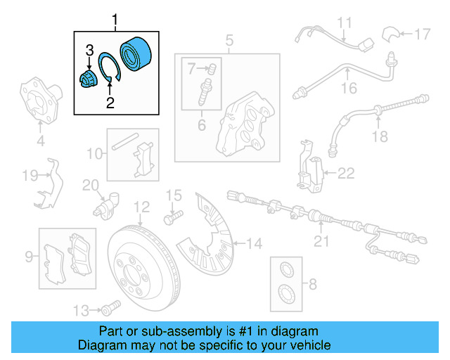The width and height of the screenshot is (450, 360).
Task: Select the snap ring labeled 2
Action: coord(110,68)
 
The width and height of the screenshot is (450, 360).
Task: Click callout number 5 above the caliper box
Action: coord(229,41)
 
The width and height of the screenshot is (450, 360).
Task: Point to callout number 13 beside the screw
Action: coord(82,310)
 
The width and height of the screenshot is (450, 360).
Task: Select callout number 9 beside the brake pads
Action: coord(29,257)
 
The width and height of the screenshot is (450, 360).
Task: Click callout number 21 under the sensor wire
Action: coord(321,243)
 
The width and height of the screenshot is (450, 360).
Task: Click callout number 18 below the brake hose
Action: coord(380,136)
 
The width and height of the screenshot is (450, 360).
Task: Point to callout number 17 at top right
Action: coord(421,33)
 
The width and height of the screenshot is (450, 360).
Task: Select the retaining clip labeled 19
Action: coord(49,184)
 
